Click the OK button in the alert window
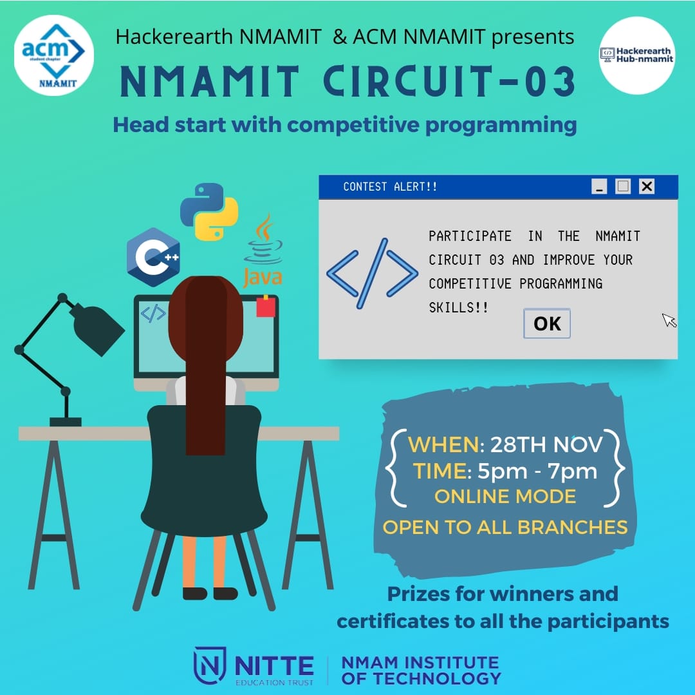click(x=547, y=323)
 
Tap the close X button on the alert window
click(x=647, y=187)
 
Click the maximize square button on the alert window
click(x=623, y=187)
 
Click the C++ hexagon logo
click(x=153, y=256)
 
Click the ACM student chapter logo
click(x=54, y=55)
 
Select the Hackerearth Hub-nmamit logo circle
click(x=636, y=55)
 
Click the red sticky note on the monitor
click(x=265, y=306)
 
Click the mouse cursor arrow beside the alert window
click(x=669, y=320)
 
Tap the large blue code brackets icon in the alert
click(x=372, y=272)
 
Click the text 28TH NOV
click(x=547, y=444)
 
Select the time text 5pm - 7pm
click(x=537, y=471)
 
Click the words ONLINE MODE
click(x=505, y=497)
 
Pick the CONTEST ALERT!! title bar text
click(x=390, y=187)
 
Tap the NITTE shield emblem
click(x=210, y=665)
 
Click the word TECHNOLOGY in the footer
click(x=421, y=678)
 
